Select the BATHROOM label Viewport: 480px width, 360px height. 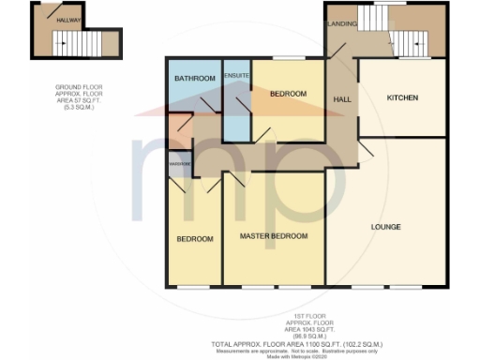click(x=192, y=78)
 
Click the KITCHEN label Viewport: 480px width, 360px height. click(x=402, y=98)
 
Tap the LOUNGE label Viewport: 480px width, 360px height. click(x=385, y=227)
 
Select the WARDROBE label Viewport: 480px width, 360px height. click(x=180, y=163)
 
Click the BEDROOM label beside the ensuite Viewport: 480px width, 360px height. click(x=289, y=95)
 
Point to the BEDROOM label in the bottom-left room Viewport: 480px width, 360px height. click(x=195, y=239)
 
